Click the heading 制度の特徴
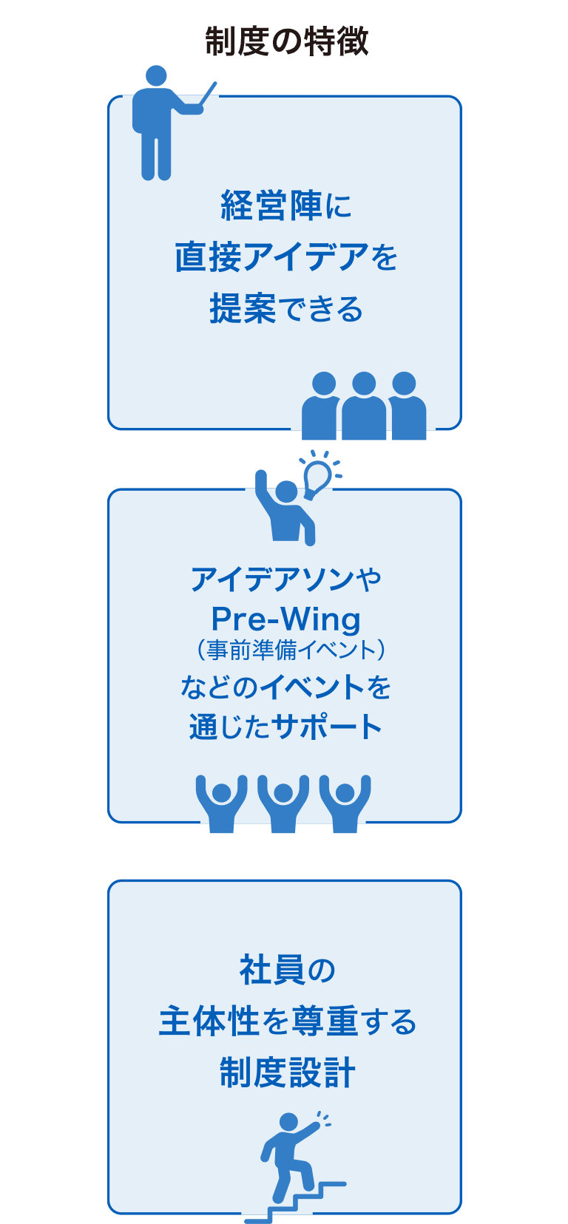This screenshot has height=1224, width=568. click(286, 41)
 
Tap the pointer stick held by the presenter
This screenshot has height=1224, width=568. click(209, 93)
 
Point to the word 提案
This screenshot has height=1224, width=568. click(243, 308)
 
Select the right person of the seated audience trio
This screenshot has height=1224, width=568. click(405, 408)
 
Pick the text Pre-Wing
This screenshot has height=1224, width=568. click(285, 619)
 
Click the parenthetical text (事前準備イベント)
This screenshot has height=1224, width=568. click(291, 650)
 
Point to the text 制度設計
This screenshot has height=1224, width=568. click(287, 1072)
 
